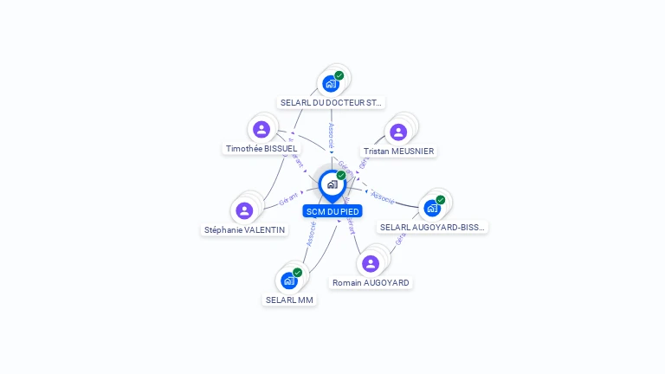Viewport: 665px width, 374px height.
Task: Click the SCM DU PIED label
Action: coord(332,211)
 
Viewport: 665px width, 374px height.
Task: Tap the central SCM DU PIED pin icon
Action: coord(332,184)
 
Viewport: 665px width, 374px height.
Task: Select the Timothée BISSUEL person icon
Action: coord(261,130)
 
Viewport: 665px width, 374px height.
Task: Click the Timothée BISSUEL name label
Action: coord(261,149)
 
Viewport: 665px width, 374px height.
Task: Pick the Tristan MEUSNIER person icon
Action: coord(397,132)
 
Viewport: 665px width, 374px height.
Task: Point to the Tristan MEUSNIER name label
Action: coord(399,152)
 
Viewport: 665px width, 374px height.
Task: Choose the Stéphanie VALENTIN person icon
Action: coord(244,210)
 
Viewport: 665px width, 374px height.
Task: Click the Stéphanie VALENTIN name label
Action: coord(244,230)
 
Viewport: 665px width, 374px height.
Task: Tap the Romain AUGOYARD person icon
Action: coord(371,263)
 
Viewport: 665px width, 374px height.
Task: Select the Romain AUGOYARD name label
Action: coord(371,283)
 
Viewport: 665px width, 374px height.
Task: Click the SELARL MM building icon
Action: coord(288,280)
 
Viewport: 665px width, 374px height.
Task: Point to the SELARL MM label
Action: coord(289,300)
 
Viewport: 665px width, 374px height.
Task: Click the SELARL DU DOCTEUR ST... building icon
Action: coord(330,83)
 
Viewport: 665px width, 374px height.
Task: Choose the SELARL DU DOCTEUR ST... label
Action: coord(331,102)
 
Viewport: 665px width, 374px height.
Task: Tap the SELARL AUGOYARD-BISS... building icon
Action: coord(431,208)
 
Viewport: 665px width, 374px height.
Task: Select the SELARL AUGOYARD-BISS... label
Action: coord(433,227)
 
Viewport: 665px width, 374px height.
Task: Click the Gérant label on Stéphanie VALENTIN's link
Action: coord(289,199)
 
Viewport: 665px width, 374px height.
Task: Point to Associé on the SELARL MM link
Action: coord(312,235)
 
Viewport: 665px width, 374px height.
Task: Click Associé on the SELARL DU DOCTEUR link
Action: coord(331,133)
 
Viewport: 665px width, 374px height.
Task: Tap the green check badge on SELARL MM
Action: coord(297,273)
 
